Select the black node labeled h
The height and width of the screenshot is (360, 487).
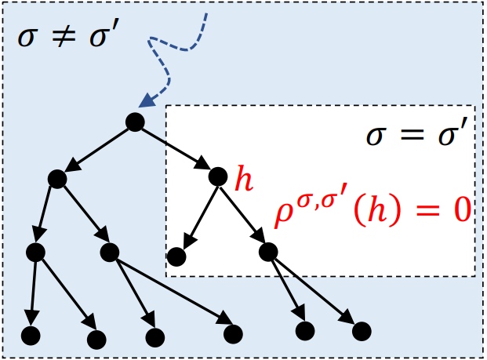218,177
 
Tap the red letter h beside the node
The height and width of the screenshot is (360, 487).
245,180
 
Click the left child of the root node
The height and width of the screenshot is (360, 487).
56,179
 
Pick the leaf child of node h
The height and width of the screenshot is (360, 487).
176,256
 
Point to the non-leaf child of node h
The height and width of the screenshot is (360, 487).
267,252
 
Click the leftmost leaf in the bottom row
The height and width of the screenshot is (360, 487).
30,336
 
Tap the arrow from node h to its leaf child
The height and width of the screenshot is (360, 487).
197,216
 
